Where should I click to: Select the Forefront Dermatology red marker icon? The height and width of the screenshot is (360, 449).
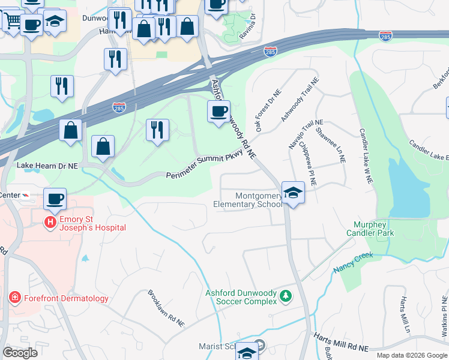(x=14, y=298)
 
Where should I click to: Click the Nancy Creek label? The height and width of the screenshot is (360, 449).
(x=353, y=259)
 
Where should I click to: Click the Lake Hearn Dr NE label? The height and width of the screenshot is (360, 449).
(x=47, y=165)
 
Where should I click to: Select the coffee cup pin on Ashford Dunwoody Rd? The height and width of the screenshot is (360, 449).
(x=218, y=111)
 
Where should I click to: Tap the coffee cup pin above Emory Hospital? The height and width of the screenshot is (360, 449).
(x=55, y=199)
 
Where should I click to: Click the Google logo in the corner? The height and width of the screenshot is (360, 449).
(x=20, y=352)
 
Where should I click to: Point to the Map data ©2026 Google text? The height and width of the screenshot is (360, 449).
(x=411, y=355)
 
